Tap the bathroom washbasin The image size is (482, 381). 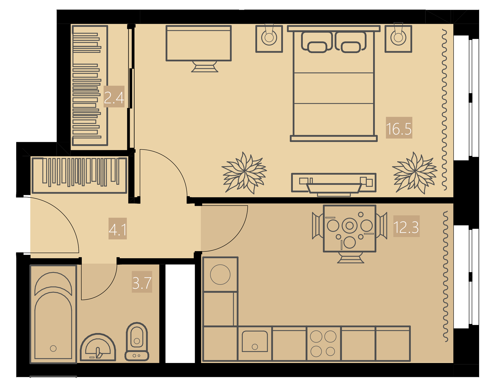click(x=98, y=347)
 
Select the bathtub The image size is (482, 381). click(x=53, y=314)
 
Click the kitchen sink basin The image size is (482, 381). click(x=255, y=341)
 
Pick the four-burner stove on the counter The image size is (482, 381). click(x=324, y=344)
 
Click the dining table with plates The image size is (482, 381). click(x=350, y=229)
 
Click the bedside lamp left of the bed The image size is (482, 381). click(x=269, y=38)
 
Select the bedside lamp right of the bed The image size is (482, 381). click(x=398, y=38)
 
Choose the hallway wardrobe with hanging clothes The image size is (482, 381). click(x=79, y=175)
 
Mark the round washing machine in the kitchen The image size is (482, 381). click(x=220, y=275)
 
